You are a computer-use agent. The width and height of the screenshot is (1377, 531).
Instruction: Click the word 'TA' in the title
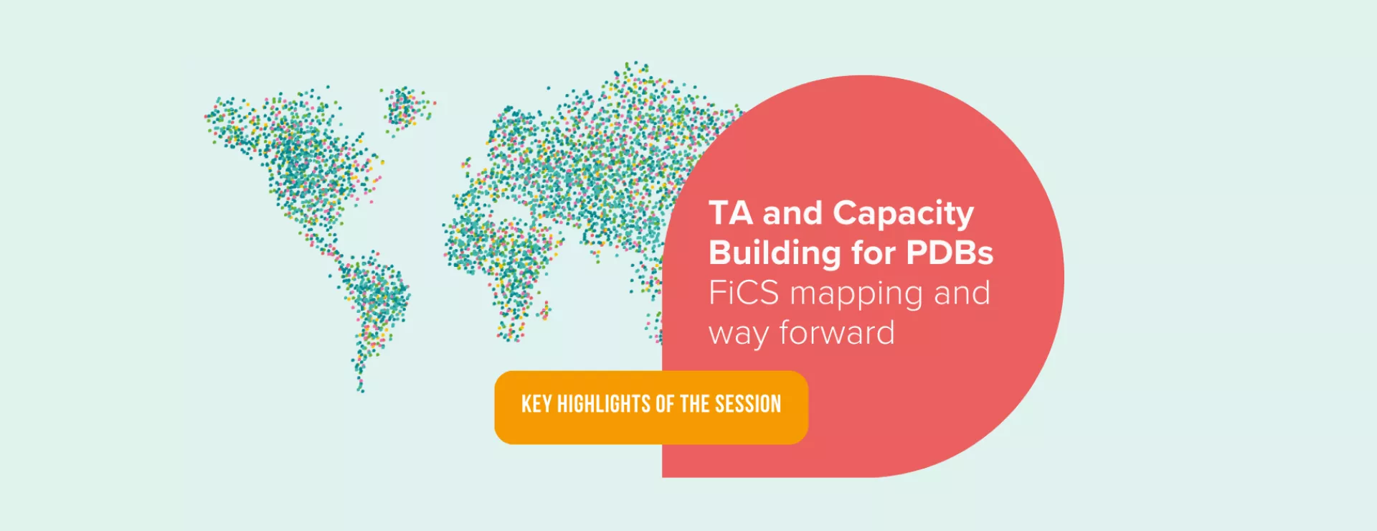[731, 213]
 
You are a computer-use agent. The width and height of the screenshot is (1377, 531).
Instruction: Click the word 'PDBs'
[950, 253]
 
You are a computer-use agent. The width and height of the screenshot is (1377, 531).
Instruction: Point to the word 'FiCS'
[743, 293]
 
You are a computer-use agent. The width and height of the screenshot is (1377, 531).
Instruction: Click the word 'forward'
[837, 333]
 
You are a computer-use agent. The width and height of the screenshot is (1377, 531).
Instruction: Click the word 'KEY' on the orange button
[536, 405]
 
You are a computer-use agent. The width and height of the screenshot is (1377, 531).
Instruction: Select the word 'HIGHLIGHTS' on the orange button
[603, 405]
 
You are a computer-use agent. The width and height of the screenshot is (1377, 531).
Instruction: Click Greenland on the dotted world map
[406, 108]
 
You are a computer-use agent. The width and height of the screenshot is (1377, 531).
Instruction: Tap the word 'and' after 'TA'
[792, 213]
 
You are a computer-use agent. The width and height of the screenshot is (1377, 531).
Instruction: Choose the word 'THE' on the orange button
[694, 405]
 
